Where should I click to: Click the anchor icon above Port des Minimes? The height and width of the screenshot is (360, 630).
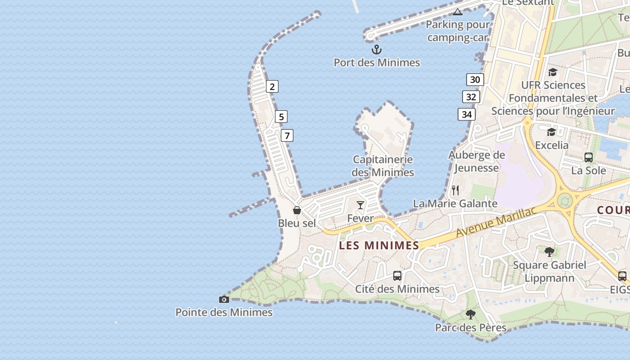tap(376, 49)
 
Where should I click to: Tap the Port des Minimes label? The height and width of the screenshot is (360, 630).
tap(377, 63)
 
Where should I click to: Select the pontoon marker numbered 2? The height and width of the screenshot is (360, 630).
tap(272, 86)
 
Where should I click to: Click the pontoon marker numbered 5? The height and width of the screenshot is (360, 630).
tap(281, 117)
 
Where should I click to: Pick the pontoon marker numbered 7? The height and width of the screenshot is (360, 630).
tap(287, 135)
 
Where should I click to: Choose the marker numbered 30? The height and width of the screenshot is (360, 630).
tap(475, 80)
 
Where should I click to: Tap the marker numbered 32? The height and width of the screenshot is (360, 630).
tap(471, 97)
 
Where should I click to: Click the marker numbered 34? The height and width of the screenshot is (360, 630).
tap(467, 114)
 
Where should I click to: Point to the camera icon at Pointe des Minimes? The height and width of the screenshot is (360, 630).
tap(224, 299)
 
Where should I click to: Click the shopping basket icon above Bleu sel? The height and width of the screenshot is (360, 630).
tap(297, 210)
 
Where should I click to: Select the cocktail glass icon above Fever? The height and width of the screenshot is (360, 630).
tap(360, 205)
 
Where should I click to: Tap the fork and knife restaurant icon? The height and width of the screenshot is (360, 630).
tap(455, 190)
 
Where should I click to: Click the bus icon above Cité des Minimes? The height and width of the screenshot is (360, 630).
tap(397, 276)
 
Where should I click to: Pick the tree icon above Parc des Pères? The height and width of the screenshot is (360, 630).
tap(471, 314)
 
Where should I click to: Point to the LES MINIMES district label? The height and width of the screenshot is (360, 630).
tap(379, 245)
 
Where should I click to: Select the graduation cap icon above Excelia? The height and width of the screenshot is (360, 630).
tap(551, 132)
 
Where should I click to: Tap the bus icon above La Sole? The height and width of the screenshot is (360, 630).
tap(588, 157)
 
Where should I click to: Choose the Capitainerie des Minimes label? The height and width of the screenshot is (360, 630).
tap(382, 166)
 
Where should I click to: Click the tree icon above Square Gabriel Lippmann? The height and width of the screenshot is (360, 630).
tap(549, 252)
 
